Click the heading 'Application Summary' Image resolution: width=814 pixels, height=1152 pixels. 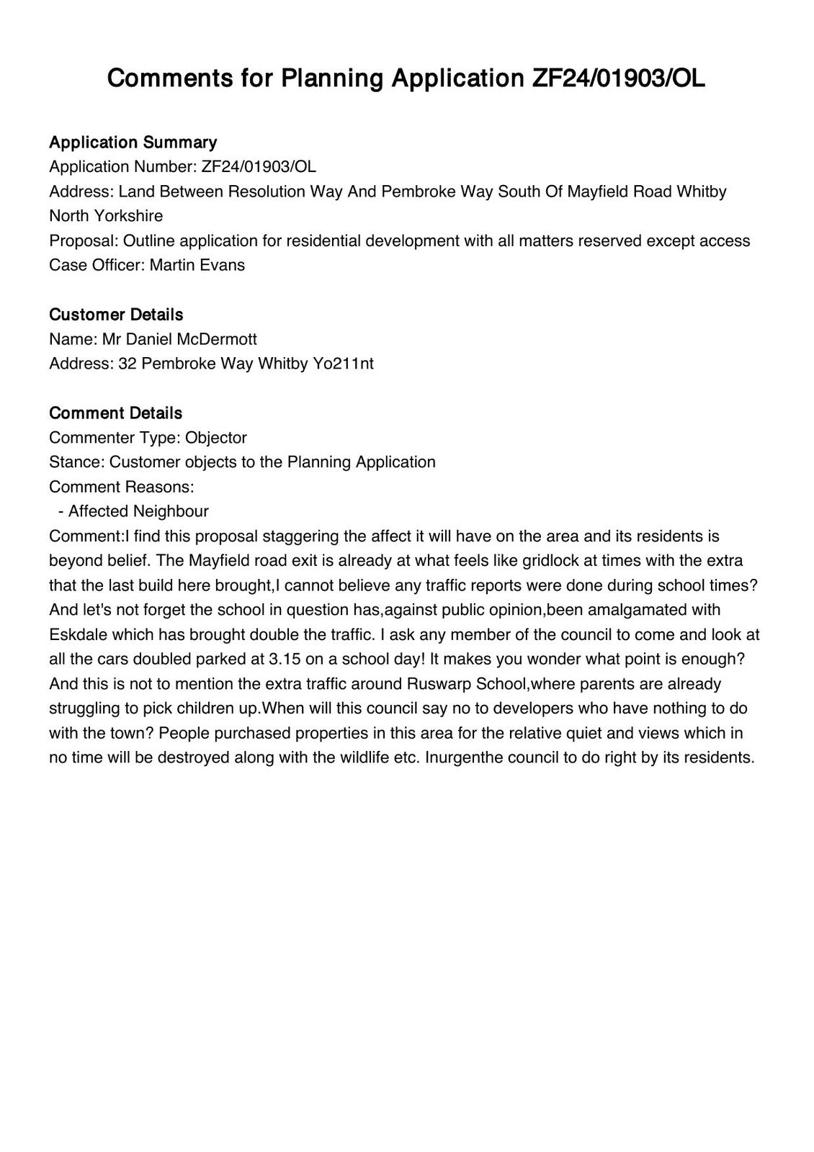[133, 142]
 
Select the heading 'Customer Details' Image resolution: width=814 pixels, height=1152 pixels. [116, 315]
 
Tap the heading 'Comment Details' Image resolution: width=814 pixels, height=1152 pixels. [115, 413]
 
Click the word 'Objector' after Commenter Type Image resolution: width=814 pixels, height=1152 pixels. [216, 438]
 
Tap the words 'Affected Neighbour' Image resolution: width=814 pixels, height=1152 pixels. [138, 511]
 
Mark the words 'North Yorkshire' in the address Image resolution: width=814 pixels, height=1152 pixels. [106, 216]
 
